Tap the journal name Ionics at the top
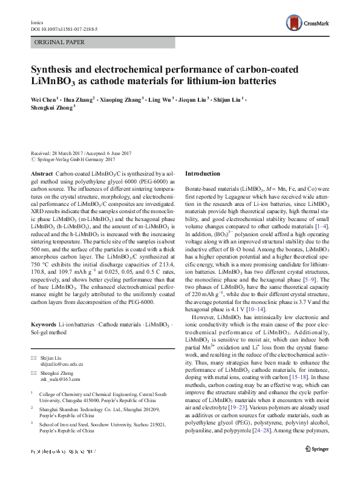pyautogui.click(x=38, y=20)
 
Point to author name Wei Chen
pyautogui.click(x=43, y=98)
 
